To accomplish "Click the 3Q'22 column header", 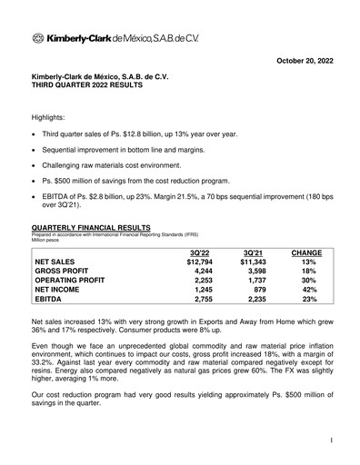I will tap(197, 251).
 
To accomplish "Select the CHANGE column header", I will tap(308, 251).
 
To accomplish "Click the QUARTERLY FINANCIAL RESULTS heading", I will tap(91, 230).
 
